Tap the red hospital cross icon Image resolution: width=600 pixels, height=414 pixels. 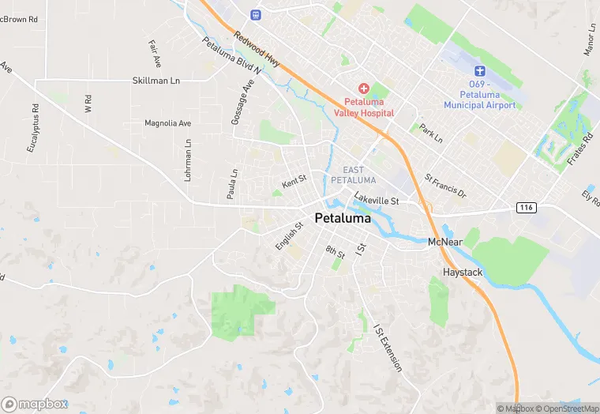[363, 88]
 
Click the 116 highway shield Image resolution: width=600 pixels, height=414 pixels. [527, 207]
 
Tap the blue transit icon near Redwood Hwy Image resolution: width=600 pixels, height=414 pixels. [255, 14]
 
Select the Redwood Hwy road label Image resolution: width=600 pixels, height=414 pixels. [257, 48]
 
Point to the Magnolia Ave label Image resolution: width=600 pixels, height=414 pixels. [168, 123]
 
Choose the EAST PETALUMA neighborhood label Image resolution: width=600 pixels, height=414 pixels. [354, 175]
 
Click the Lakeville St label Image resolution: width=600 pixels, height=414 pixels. [377, 201]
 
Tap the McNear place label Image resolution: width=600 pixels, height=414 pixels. [444, 242]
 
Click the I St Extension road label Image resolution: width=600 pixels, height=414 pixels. [387, 348]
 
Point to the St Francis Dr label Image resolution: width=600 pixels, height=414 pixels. [446, 187]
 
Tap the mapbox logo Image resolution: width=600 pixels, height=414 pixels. [35, 404]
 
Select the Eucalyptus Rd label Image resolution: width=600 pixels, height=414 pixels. [34, 128]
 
